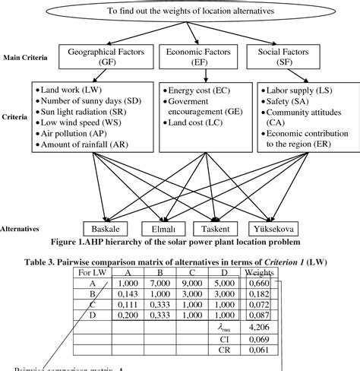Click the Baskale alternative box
[109, 228]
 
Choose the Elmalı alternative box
[163, 228]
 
